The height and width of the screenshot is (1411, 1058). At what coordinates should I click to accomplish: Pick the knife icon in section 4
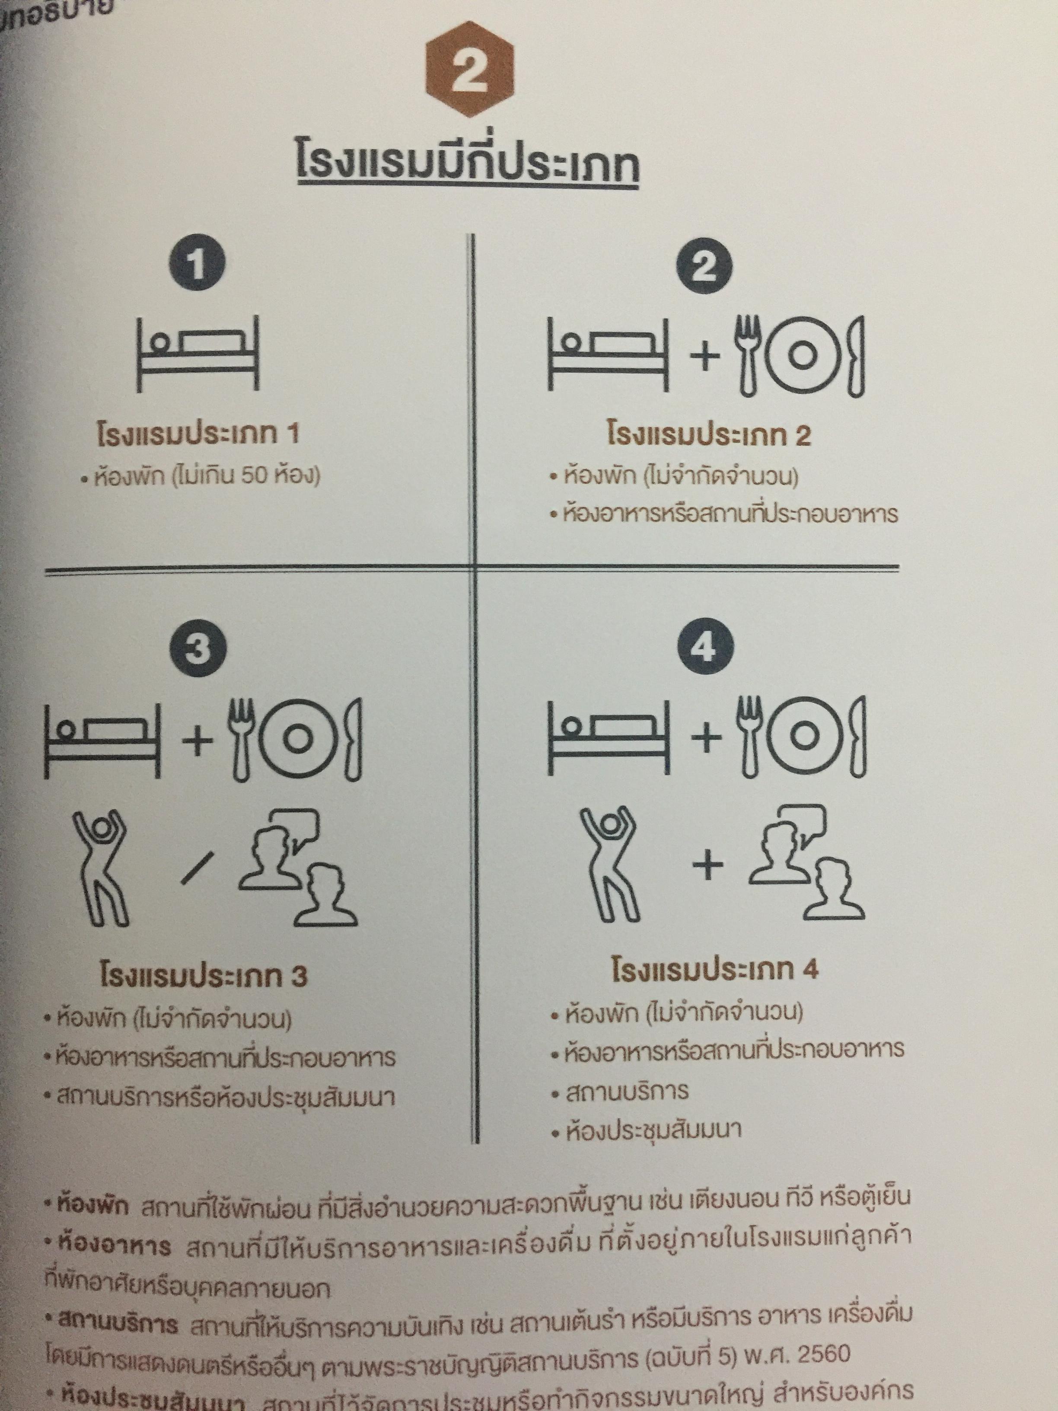click(857, 737)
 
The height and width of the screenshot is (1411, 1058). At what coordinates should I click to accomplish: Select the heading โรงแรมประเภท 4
click(714, 970)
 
